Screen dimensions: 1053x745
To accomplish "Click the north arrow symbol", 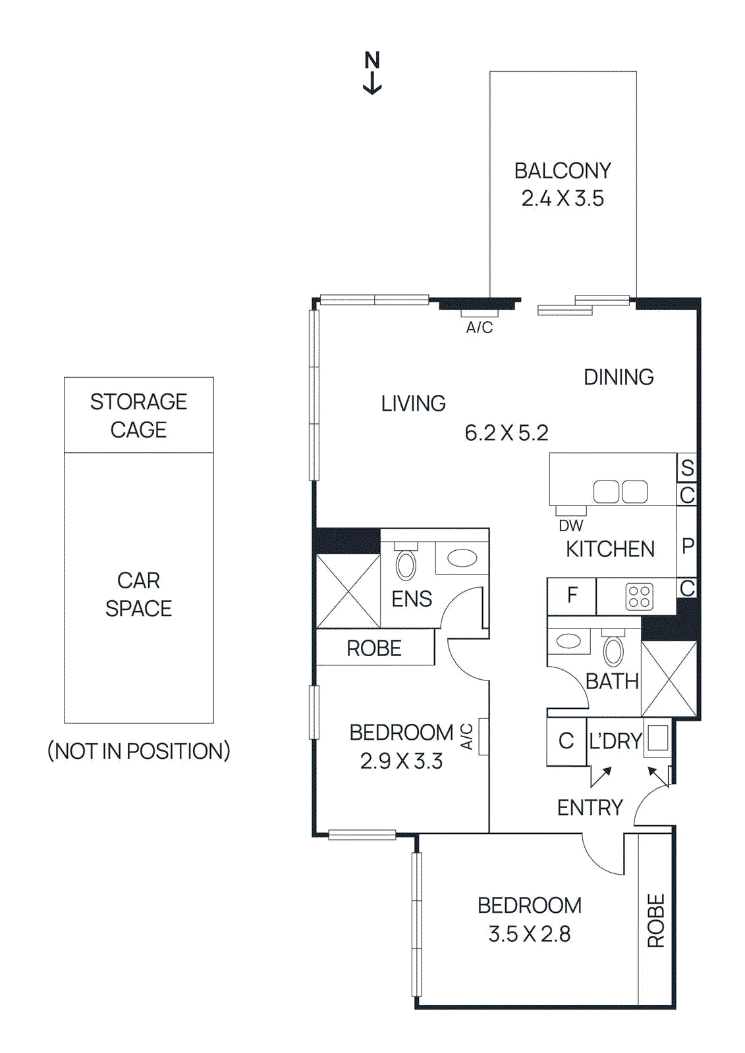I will [x=372, y=72].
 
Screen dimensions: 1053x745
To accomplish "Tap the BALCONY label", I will [x=563, y=171].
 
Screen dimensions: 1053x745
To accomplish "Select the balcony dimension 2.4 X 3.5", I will [x=563, y=199].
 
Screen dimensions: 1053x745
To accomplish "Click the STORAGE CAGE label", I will [x=138, y=415].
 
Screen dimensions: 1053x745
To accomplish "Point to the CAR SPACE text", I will [x=138, y=594].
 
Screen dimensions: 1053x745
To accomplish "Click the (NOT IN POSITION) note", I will [x=138, y=751].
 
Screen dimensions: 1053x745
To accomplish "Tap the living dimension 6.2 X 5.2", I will [x=506, y=433].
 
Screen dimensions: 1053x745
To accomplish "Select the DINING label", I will [x=619, y=377].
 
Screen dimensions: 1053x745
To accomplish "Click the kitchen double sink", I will [x=620, y=492].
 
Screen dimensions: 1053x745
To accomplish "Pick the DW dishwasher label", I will [x=570, y=526].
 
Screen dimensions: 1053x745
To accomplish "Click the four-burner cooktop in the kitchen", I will [x=639, y=596].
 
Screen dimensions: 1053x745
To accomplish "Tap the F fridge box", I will [x=572, y=596].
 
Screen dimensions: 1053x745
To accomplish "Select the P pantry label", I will [x=687, y=546].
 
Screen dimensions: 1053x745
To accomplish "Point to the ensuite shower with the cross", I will [x=348, y=591].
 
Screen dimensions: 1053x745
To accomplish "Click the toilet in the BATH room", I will [x=613, y=650].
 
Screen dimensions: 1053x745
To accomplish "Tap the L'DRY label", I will [x=615, y=742].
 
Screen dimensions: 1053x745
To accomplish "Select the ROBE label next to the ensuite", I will [x=373, y=648].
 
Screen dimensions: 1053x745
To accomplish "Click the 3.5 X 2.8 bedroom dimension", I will [x=529, y=934].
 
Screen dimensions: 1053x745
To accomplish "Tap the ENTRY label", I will [x=590, y=808].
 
